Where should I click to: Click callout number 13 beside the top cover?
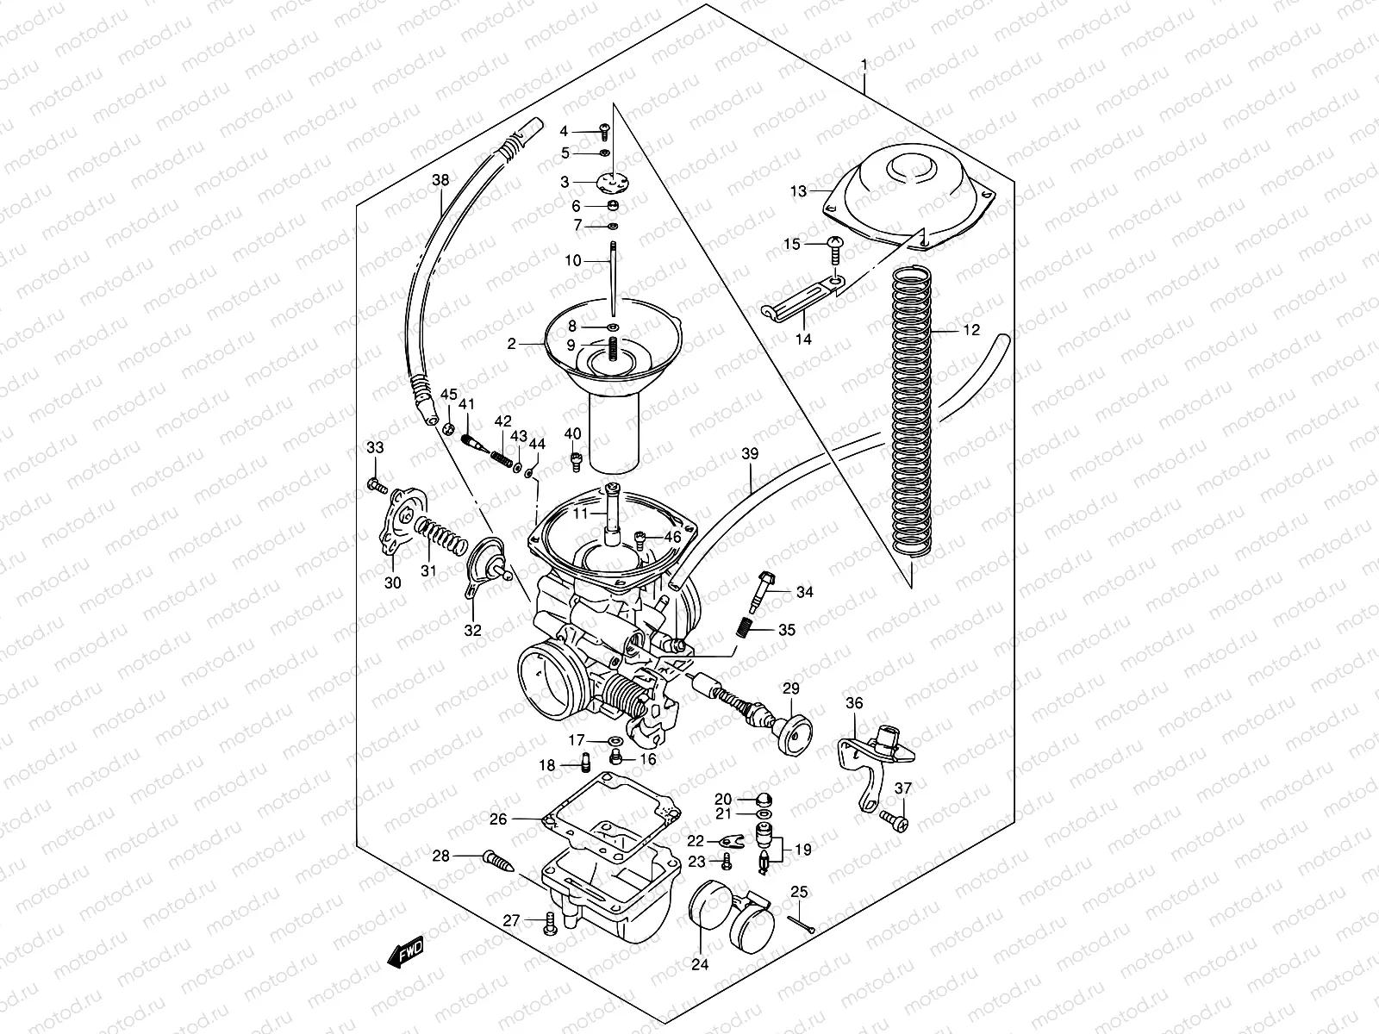pyautogui.click(x=798, y=190)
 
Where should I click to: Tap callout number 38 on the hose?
pyautogui.click(x=440, y=181)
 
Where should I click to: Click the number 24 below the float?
pyautogui.click(x=700, y=966)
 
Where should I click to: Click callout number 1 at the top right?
pyautogui.click(x=864, y=65)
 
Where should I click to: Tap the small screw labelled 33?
pyautogui.click(x=377, y=486)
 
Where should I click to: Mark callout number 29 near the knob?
pyautogui.click(x=790, y=688)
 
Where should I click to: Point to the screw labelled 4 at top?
pyautogui.click(x=605, y=131)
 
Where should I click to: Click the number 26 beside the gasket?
pyautogui.click(x=498, y=819)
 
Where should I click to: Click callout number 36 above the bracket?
pyautogui.click(x=854, y=702)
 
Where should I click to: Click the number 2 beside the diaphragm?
pyautogui.click(x=511, y=344)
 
